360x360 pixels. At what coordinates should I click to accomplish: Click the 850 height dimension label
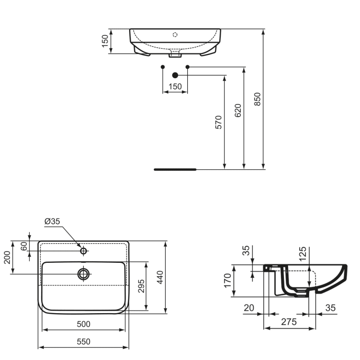(x=258, y=99)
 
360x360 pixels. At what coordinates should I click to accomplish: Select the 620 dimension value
(x=238, y=111)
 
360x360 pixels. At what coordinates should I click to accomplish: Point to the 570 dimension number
(x=219, y=122)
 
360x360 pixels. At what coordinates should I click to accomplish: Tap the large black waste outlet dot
(x=175, y=76)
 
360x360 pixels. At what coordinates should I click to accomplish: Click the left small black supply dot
(x=163, y=67)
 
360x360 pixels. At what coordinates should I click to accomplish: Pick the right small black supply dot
(x=187, y=67)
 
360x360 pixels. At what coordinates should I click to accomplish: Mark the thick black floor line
(x=175, y=169)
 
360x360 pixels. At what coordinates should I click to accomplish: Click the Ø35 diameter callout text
(x=52, y=221)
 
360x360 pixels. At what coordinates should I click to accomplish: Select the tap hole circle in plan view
(x=83, y=251)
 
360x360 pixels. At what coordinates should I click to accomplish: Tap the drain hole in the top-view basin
(x=83, y=274)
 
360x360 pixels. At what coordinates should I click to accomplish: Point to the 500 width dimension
(x=84, y=324)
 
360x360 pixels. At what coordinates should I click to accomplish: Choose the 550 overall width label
(x=84, y=341)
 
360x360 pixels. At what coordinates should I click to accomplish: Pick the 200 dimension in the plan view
(x=8, y=257)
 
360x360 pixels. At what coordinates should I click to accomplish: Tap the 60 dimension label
(x=23, y=246)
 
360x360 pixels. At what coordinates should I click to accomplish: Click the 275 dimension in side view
(x=289, y=322)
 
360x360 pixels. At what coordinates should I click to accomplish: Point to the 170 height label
(x=228, y=281)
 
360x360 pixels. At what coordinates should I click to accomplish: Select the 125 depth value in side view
(x=302, y=254)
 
